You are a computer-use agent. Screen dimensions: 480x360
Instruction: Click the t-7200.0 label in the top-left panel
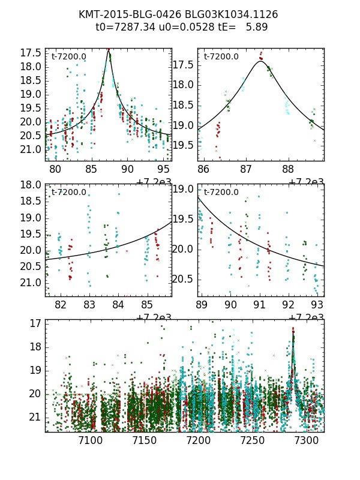tap(68, 57)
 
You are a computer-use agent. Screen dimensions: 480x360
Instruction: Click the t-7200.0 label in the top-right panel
tap(221, 57)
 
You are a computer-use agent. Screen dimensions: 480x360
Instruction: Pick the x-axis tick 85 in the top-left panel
tap(91, 170)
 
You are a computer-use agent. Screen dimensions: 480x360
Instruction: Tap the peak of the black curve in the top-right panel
tap(260, 61)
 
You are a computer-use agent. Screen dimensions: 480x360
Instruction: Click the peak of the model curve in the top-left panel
tap(109, 50)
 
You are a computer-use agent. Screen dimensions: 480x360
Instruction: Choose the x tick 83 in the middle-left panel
tap(89, 305)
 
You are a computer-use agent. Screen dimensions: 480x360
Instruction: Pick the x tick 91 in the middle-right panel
tap(259, 305)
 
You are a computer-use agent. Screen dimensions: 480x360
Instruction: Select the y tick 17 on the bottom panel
tap(35, 323)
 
